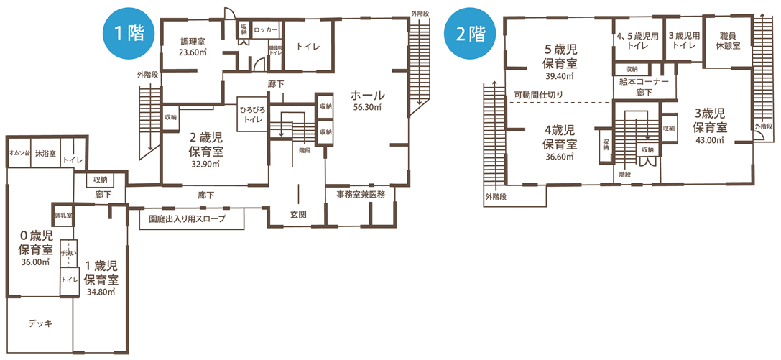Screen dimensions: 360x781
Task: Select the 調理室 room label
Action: [193, 42]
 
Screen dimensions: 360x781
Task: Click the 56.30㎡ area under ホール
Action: [367, 108]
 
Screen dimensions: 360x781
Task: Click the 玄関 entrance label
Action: [298, 214]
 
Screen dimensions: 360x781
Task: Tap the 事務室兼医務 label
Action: [361, 194]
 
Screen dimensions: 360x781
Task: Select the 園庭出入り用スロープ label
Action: [187, 218]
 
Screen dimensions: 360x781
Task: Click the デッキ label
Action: [40, 323]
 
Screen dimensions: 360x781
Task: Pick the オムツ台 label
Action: [18, 154]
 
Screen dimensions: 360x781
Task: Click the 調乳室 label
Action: [63, 215]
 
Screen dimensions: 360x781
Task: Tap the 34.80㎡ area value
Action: [101, 292]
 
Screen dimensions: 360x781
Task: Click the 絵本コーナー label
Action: [644, 82]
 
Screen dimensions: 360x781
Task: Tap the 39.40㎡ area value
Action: [560, 75]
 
